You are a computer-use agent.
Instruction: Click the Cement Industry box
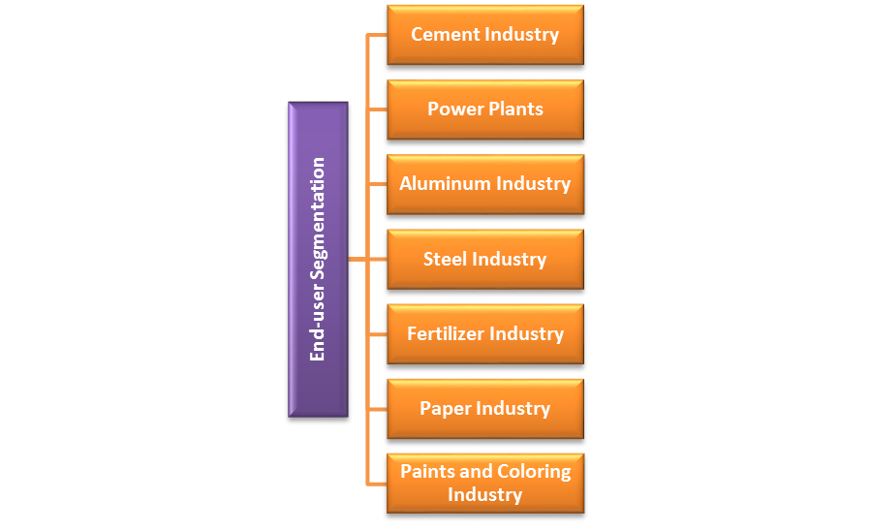coord(484,35)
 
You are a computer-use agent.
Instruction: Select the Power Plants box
coord(484,110)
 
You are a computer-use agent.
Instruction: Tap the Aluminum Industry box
coord(484,184)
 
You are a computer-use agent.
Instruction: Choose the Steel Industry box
coord(484,259)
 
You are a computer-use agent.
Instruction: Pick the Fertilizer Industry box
coord(484,333)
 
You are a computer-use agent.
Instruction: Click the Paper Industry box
coord(484,408)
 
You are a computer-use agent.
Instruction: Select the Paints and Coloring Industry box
coord(484,483)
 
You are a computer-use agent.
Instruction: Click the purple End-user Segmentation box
coord(318,259)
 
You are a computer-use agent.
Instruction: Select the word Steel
coord(446,260)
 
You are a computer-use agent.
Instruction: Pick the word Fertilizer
coord(445,334)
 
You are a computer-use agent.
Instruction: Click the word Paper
coord(445,409)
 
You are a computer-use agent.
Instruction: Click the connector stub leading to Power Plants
coord(377,110)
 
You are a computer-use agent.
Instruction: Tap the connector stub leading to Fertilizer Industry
coord(377,333)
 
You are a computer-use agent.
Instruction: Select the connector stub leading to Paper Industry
coord(377,408)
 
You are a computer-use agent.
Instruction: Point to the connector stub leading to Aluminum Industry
coord(377,184)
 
